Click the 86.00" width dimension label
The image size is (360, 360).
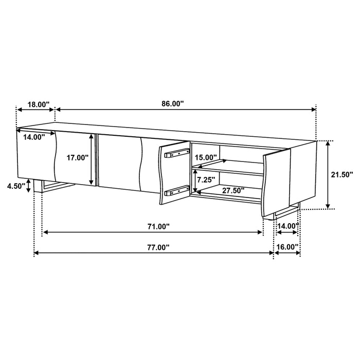[172, 103]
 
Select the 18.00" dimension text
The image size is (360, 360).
[38, 104]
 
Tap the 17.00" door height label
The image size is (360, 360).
[79, 158]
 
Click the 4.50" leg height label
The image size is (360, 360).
[16, 186]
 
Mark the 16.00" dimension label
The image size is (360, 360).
[287, 247]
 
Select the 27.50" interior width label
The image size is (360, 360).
[232, 190]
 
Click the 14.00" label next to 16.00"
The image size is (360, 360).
[287, 226]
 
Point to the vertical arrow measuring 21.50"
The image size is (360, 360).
[327, 175]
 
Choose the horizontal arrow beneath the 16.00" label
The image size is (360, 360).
[287, 254]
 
